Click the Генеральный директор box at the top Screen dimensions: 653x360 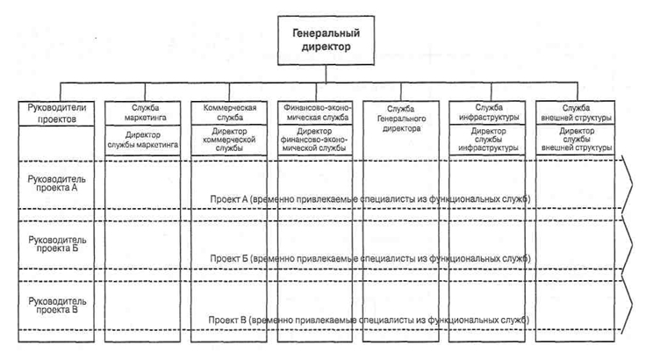pyautogui.click(x=326, y=40)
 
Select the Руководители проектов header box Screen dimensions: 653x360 pyautogui.click(x=57, y=113)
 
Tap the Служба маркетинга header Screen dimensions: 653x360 pyautogui.click(x=143, y=113)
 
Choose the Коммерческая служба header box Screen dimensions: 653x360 pyautogui.click(x=229, y=112)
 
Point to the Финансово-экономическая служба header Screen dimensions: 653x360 pyautogui.click(x=315, y=112)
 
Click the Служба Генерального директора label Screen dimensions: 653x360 pyautogui.click(x=401, y=119)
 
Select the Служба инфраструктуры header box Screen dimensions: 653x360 pyautogui.click(x=487, y=112)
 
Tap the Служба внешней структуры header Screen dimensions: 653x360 pyautogui.click(x=576, y=112)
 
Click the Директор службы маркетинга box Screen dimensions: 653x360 pyautogui.click(x=143, y=140)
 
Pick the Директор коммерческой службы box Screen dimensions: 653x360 pyautogui.click(x=229, y=140)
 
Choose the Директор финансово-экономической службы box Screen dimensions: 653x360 pyautogui.click(x=315, y=140)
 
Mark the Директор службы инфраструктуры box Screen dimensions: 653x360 pyautogui.click(x=487, y=140)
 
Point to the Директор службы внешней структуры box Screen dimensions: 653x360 pyautogui.click(x=576, y=140)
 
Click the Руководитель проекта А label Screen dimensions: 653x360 pyautogui.click(x=57, y=184)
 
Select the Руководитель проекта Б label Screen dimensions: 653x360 pyautogui.click(x=57, y=244)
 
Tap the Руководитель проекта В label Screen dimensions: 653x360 pyautogui.click(x=57, y=306)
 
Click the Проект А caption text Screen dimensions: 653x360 pyautogui.click(x=370, y=199)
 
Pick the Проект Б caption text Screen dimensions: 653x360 pyautogui.click(x=370, y=259)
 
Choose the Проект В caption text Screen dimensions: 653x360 pyautogui.click(x=369, y=320)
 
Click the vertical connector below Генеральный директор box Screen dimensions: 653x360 pyautogui.click(x=326, y=74)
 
